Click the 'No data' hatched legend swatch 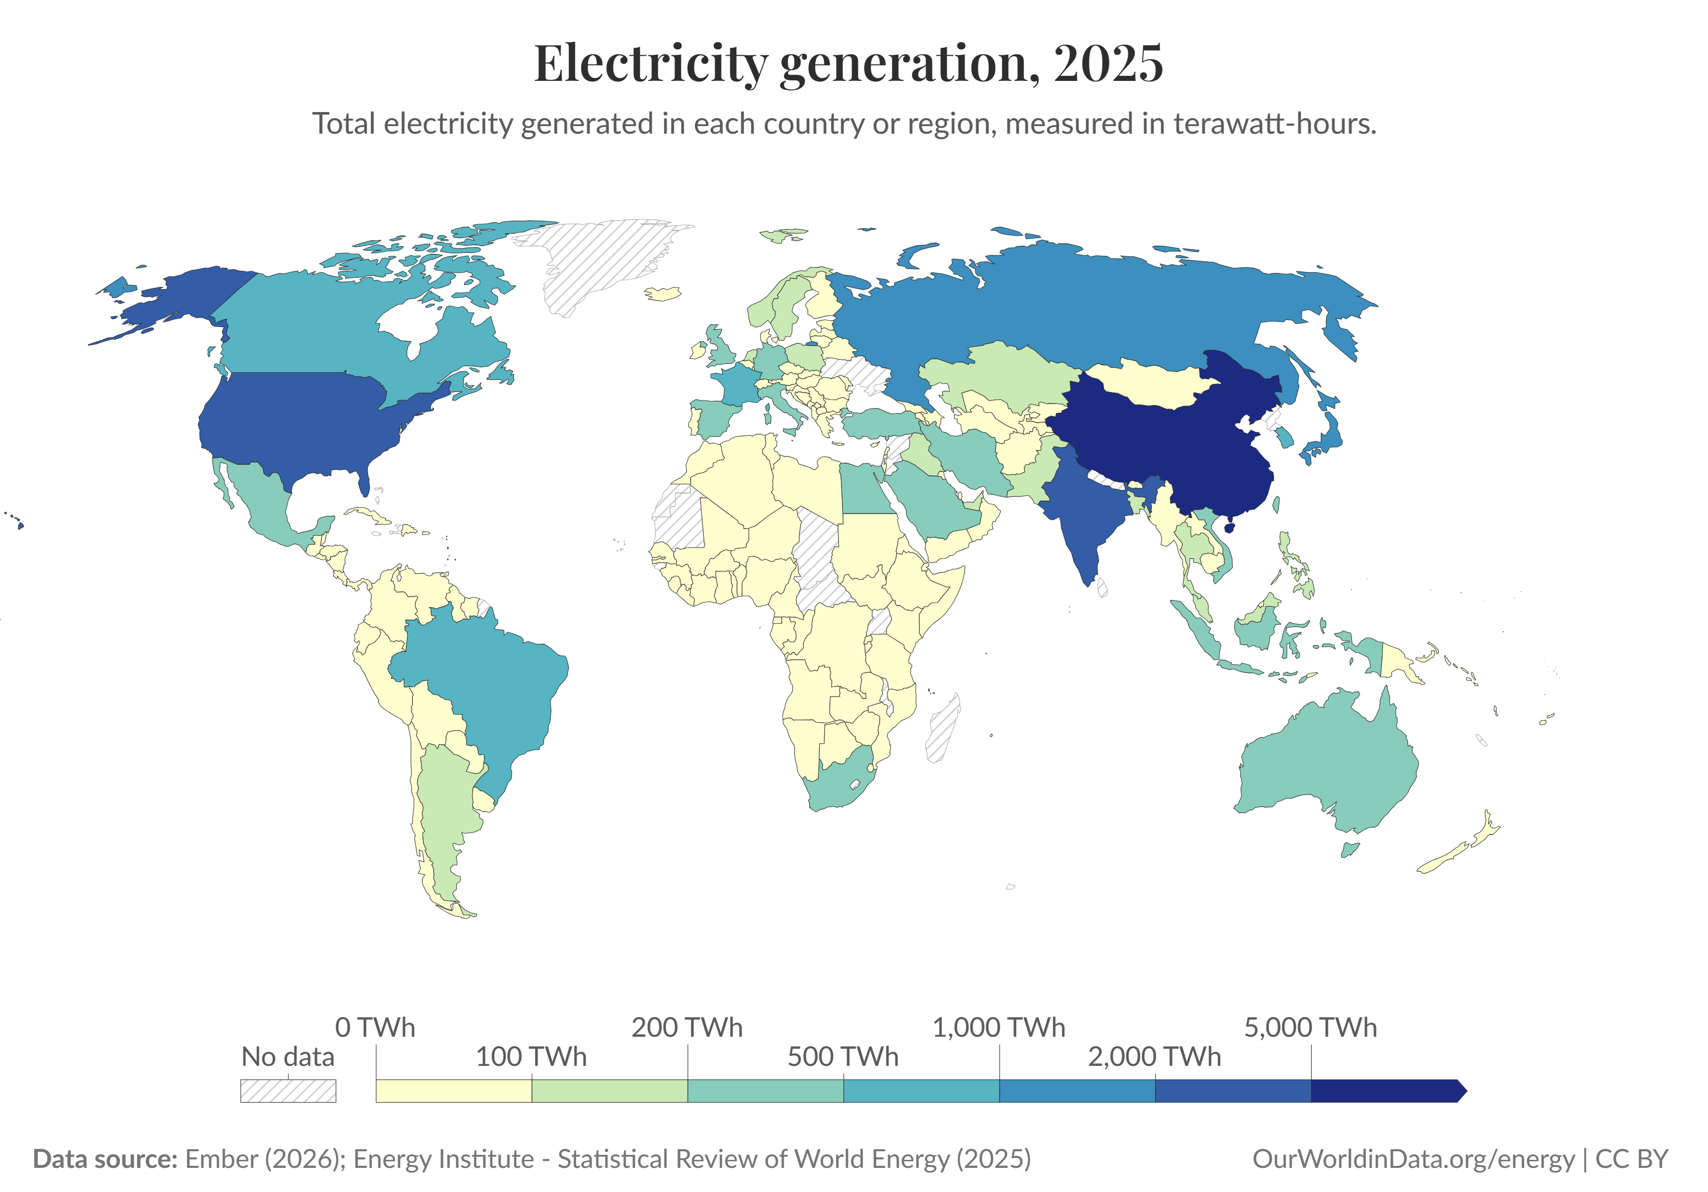[288, 1091]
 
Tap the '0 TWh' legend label [375, 1028]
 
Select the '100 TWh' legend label [531, 1057]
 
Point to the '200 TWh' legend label [687, 1028]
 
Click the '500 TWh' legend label [843, 1057]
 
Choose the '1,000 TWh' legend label [998, 1028]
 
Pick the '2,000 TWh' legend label [1154, 1057]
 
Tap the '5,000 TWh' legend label [1310, 1028]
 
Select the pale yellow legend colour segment [454, 1091]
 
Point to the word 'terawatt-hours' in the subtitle [1274, 124]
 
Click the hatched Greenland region [595, 260]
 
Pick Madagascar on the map [943, 729]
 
